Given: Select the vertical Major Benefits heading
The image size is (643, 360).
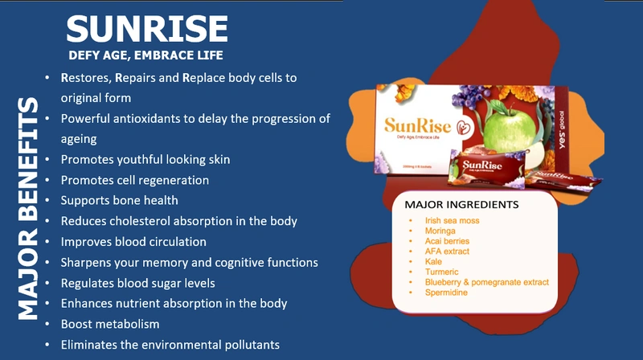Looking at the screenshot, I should click(27, 209).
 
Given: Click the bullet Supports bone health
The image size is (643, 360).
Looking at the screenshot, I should click(119, 200).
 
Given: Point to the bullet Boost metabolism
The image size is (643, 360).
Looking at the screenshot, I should click(110, 324).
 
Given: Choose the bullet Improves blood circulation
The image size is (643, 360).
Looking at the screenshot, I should click(133, 241).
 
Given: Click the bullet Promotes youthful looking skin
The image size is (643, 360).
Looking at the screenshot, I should click(145, 159).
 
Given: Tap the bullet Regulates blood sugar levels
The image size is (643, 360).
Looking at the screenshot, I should click(137, 283).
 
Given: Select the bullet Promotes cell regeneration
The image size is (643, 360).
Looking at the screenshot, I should click(134, 180).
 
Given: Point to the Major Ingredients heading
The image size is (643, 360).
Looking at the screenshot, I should click(462, 204).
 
